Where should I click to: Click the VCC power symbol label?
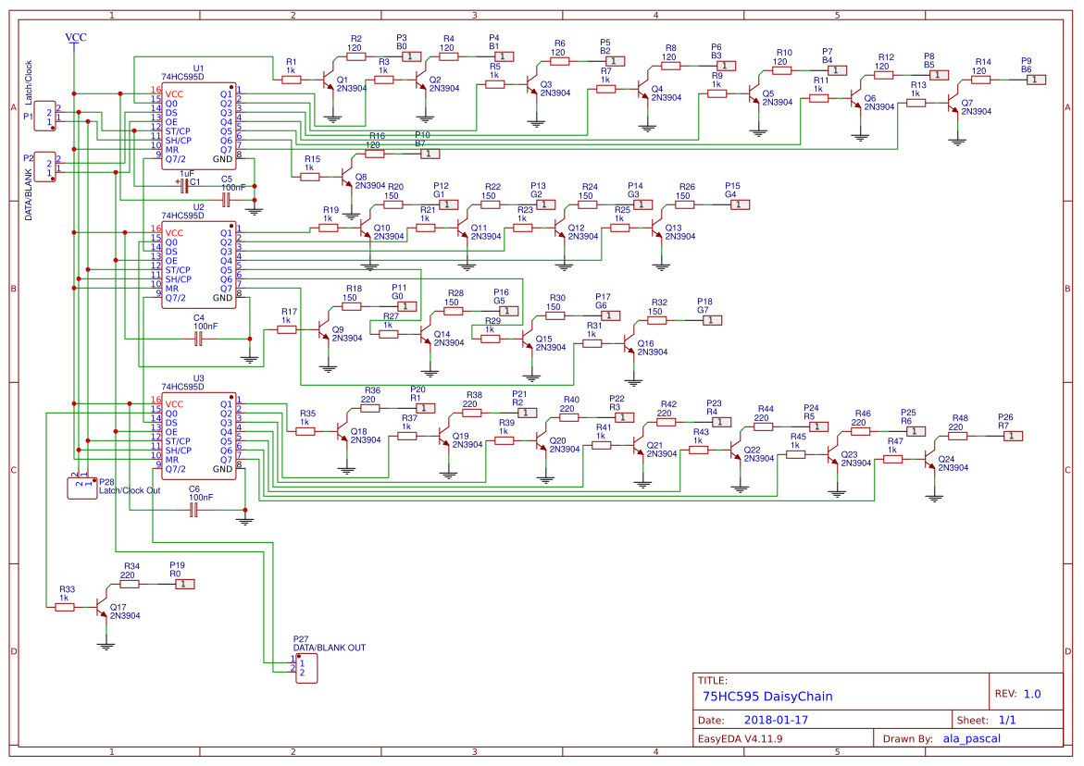(x=76, y=38)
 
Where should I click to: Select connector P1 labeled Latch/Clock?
(x=45, y=117)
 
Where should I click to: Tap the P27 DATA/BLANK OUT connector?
(x=305, y=667)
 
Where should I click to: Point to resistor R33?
(x=67, y=607)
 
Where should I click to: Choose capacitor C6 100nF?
(x=194, y=511)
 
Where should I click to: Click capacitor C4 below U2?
(x=198, y=340)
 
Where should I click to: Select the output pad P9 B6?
(x=1037, y=80)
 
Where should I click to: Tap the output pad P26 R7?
(x=1014, y=436)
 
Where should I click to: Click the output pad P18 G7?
(x=710, y=320)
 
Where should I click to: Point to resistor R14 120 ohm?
(x=979, y=80)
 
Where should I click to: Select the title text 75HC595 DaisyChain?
(x=767, y=697)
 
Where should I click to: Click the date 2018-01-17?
(x=776, y=720)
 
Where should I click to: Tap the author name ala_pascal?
(x=971, y=738)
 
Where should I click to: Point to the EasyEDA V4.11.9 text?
(x=741, y=738)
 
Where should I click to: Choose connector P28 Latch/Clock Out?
(x=81, y=487)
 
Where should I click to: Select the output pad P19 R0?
(x=185, y=584)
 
